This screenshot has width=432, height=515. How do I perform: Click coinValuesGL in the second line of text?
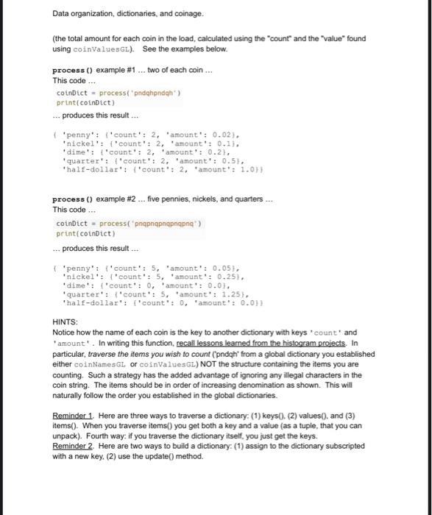click(x=96, y=49)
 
